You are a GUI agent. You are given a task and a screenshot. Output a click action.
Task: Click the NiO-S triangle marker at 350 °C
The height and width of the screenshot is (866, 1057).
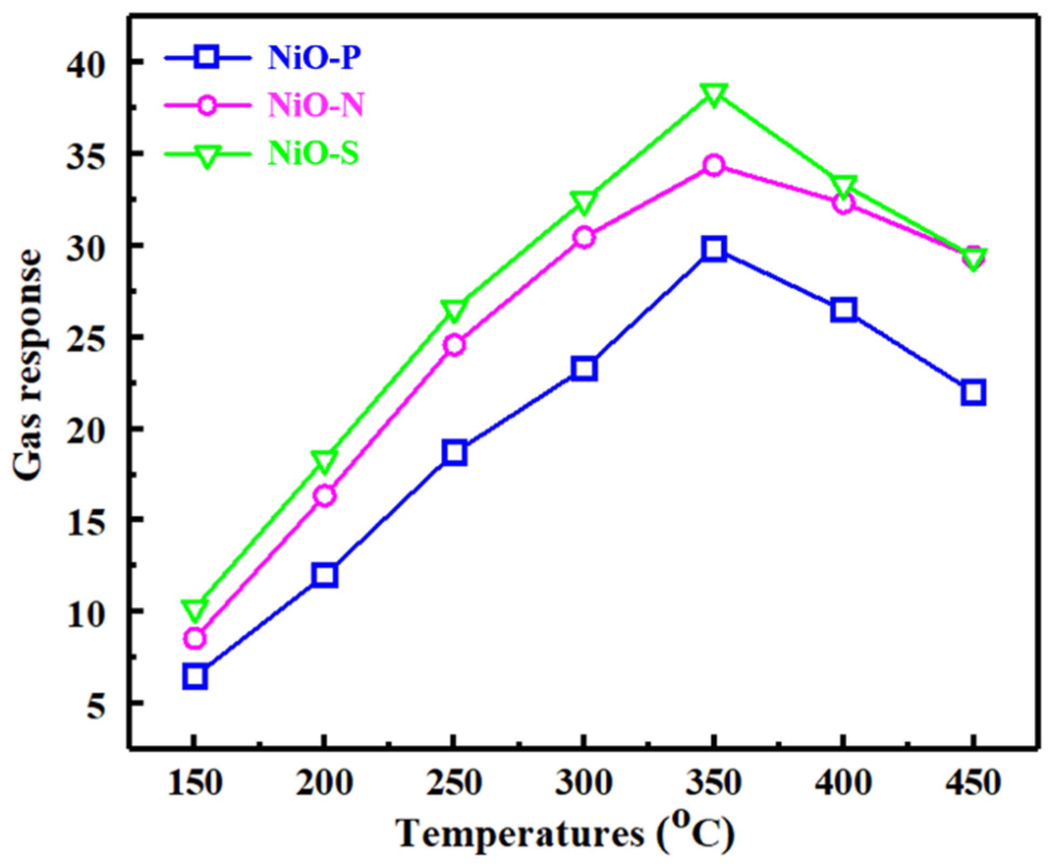click(713, 95)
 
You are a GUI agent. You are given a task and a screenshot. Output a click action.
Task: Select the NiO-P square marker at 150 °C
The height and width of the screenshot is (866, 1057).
click(195, 676)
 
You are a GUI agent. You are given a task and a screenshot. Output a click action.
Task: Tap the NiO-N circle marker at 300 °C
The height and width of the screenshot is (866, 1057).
click(584, 237)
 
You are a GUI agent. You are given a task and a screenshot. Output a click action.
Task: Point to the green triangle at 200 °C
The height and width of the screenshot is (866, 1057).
click(324, 461)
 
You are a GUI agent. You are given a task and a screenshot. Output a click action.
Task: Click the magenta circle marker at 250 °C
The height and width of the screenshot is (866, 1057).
click(455, 345)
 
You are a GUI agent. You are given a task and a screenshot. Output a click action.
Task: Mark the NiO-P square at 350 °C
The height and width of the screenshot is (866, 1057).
click(713, 249)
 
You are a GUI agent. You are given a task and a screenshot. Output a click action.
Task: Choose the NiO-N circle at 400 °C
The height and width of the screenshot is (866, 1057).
click(843, 203)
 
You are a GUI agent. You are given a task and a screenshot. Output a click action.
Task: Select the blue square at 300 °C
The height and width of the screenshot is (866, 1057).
click(584, 368)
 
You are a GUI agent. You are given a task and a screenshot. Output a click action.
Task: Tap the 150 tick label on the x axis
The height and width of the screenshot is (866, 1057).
click(195, 783)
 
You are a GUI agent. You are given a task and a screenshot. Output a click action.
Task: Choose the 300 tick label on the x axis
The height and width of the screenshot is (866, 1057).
click(584, 783)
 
